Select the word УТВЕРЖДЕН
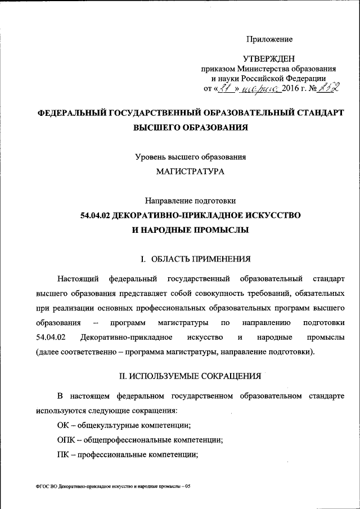point(268,59)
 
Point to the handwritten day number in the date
point(225,88)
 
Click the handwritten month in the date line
point(260,88)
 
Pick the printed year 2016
point(291,88)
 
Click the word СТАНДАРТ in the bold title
point(314,113)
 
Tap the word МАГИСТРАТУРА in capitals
point(190,172)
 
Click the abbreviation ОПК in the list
point(66,439)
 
